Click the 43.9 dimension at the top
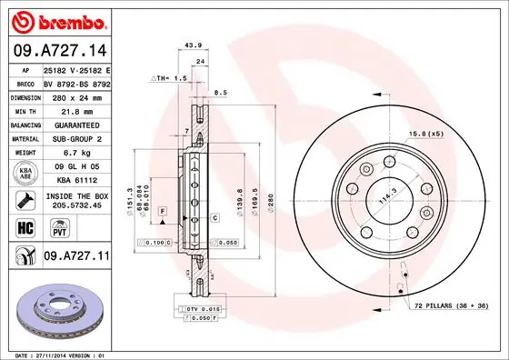click(192, 45)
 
